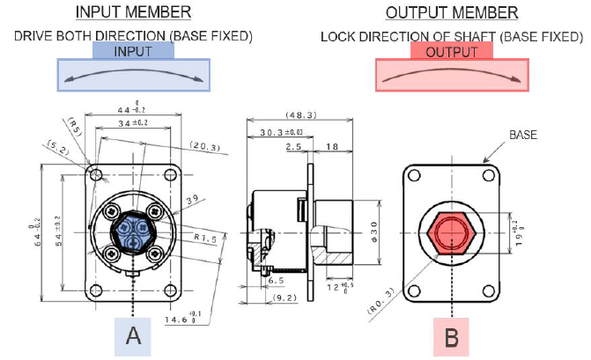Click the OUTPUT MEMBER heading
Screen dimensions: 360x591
click(452, 13)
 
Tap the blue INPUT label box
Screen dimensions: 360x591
click(133, 52)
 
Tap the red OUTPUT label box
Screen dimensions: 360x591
click(452, 52)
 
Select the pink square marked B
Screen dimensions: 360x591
click(451, 335)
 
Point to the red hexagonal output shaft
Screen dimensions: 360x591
click(451, 233)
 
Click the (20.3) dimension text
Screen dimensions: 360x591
click(205, 146)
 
